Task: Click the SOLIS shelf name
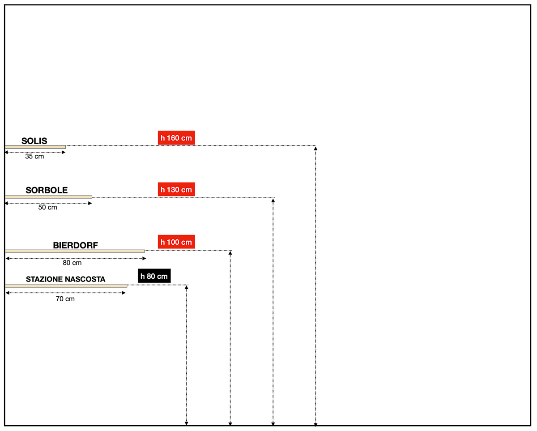(x=34, y=141)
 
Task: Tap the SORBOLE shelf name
(x=47, y=190)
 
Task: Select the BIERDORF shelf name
(x=75, y=245)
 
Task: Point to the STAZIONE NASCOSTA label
(x=66, y=279)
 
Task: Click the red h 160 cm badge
(x=176, y=138)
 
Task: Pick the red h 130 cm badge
(x=176, y=190)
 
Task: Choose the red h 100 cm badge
(x=176, y=242)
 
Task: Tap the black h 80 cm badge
(x=154, y=276)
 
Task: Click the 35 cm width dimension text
(x=34, y=157)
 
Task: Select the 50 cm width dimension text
(x=47, y=208)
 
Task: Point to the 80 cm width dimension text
(x=72, y=263)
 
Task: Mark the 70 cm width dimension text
(x=65, y=299)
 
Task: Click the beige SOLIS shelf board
(x=35, y=147)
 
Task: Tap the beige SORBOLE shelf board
(x=48, y=197)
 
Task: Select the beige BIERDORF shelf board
(x=75, y=251)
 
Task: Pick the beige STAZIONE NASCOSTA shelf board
(x=66, y=286)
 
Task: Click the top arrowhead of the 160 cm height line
(x=316, y=148)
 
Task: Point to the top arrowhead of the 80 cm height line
(x=186, y=287)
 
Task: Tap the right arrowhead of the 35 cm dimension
(x=64, y=153)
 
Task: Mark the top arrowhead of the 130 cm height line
(x=273, y=200)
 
